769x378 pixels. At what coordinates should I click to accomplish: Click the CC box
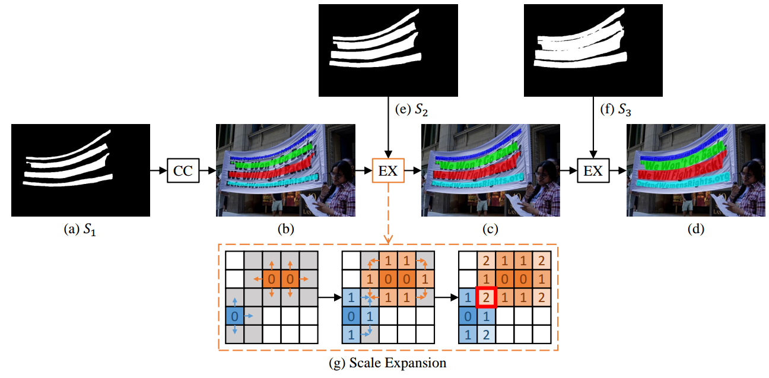pos(183,171)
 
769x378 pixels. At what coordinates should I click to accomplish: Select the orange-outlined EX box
pos(387,171)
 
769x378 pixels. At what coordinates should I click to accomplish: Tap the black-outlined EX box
pos(593,171)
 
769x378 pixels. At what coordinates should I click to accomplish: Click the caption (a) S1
pos(80,230)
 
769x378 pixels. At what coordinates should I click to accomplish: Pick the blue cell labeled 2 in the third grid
pos(485,335)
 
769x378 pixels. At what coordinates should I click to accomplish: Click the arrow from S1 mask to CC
pos(158,171)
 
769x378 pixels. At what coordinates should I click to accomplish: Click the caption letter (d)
pos(695,230)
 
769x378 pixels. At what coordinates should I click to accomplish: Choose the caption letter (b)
pos(285,230)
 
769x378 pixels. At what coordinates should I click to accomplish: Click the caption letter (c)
pos(490,230)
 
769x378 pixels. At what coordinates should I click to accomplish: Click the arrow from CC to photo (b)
pos(206,171)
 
